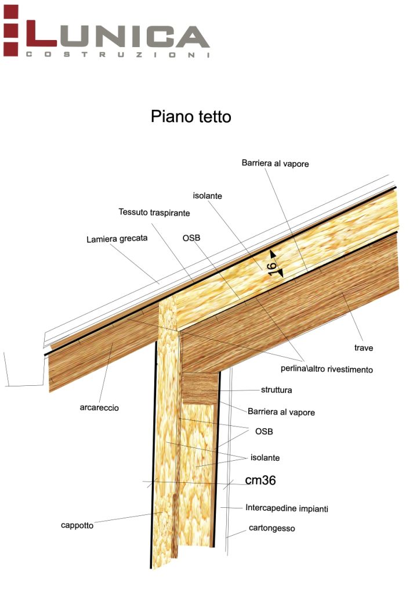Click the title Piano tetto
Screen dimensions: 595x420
(191, 116)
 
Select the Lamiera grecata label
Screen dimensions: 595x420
(117, 238)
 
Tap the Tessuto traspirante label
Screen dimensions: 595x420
(154, 213)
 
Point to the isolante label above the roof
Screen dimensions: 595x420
(208, 196)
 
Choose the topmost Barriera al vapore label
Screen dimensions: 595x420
(275, 164)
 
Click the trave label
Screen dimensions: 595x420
(364, 348)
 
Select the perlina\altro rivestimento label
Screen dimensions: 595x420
(323, 369)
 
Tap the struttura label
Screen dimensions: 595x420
(276, 389)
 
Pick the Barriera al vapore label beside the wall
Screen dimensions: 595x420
(281, 411)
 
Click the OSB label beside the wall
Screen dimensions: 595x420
(264, 432)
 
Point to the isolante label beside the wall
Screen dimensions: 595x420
(265, 458)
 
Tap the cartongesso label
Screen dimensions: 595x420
(272, 528)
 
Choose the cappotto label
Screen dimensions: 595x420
(77, 525)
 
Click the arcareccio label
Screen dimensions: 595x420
(99, 407)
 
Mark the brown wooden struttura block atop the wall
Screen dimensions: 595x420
(200, 388)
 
